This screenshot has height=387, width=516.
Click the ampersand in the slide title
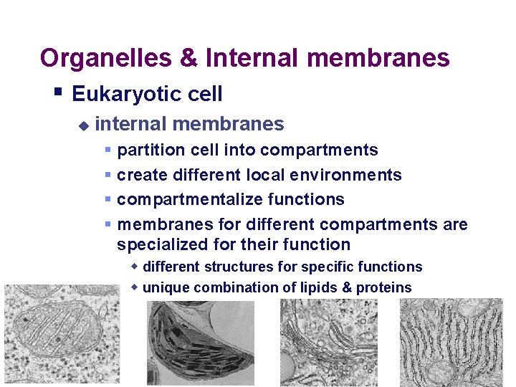pyautogui.click(x=188, y=58)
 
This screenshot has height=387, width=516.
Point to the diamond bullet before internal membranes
pyautogui.click(x=83, y=125)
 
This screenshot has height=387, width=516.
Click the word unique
pyautogui.click(x=163, y=287)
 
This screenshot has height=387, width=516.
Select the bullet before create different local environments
pyautogui.click(x=108, y=175)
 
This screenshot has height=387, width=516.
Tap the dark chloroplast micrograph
pyautogui.click(x=200, y=343)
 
